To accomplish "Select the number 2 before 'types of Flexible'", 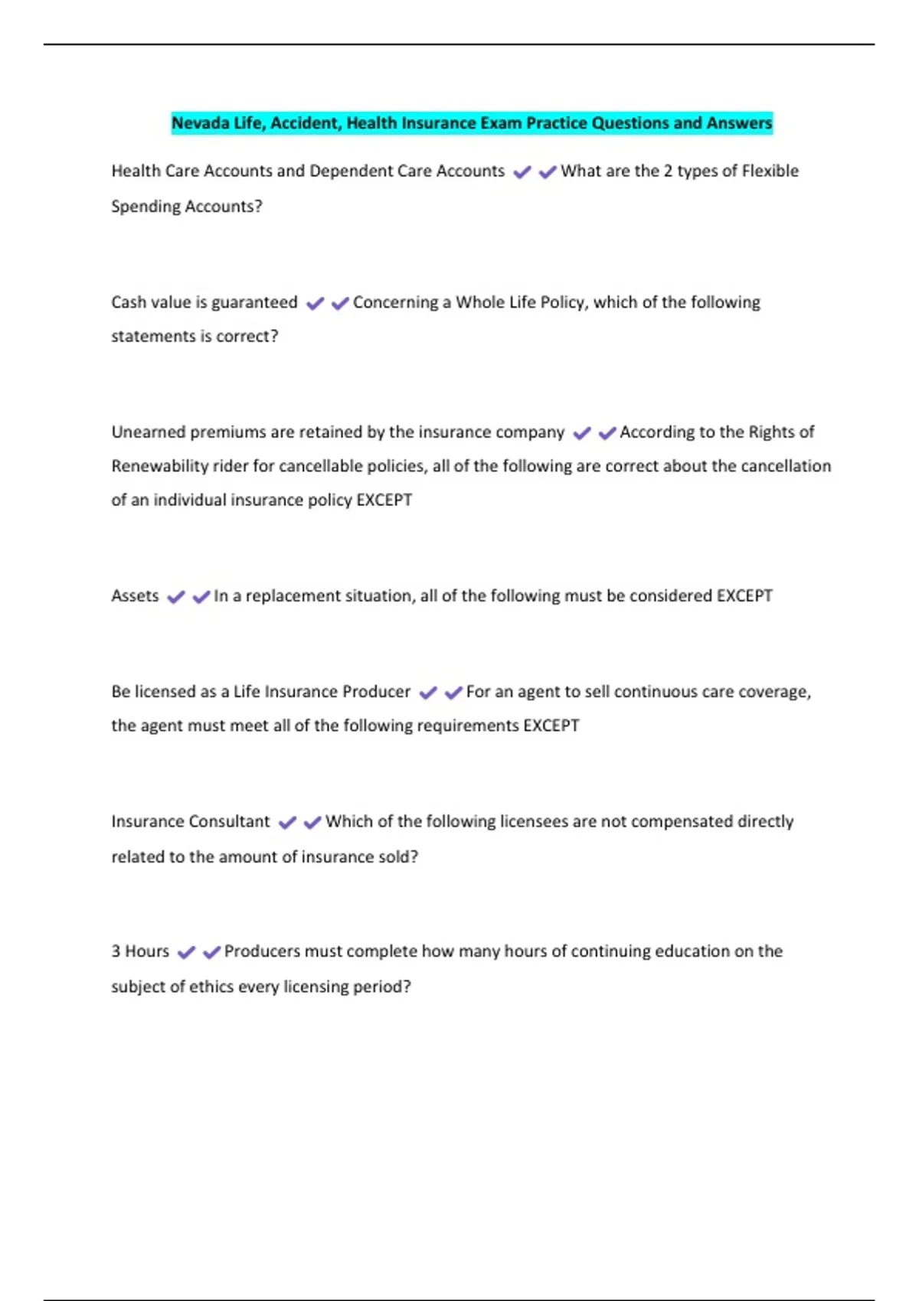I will pos(668,171).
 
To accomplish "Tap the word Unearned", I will pos(148,432).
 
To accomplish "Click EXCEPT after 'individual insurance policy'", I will pos(384,500).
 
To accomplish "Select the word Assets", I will pos(135,595).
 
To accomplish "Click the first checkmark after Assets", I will pos(176,597).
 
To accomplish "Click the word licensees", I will pos(534,821).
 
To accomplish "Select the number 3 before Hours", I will pos(116,951).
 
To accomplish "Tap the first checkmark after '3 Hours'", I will pos(186,953).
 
